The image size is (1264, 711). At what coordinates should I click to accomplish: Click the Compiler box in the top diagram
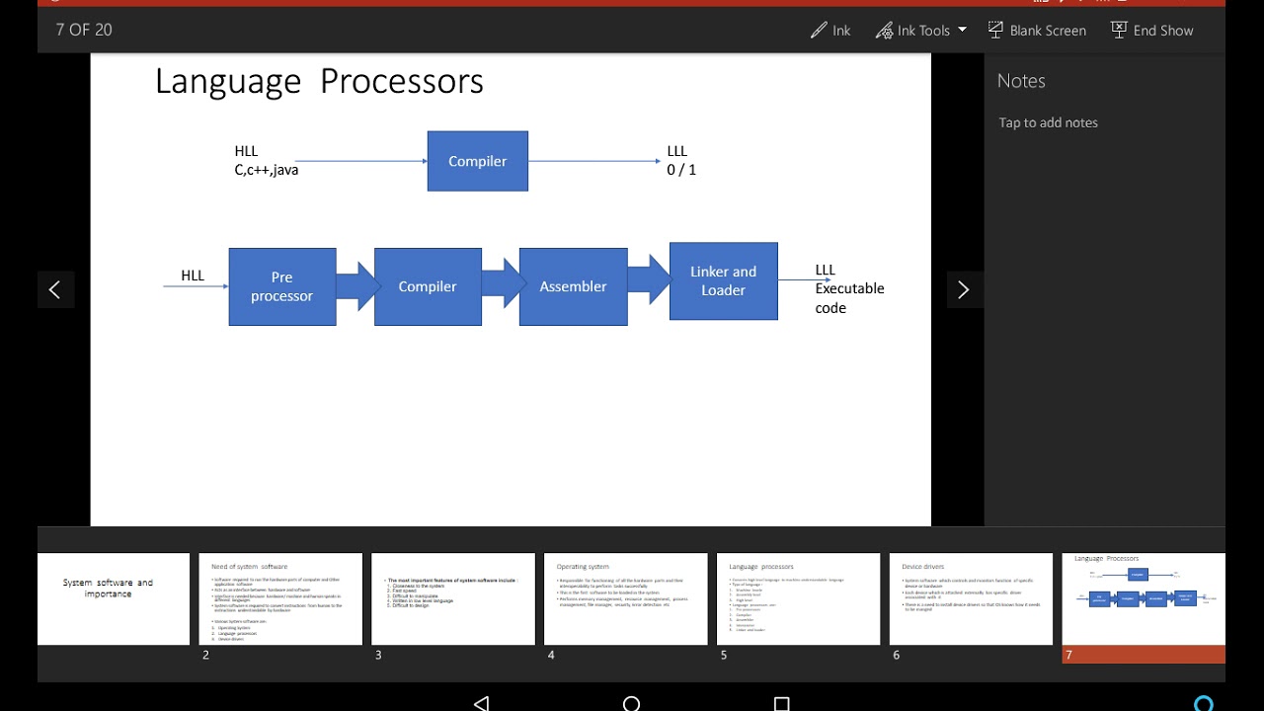click(477, 161)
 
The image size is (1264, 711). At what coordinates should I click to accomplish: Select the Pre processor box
click(282, 286)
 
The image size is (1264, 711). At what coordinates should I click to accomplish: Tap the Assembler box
click(573, 286)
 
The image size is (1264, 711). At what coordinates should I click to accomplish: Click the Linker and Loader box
click(723, 280)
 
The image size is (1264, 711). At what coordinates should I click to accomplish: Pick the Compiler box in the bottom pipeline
click(428, 286)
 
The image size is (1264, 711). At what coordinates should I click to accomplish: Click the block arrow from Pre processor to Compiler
click(356, 285)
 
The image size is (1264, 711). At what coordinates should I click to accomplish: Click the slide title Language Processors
click(319, 81)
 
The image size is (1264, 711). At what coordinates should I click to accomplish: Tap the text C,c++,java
click(267, 170)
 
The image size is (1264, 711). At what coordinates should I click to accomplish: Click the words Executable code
click(848, 297)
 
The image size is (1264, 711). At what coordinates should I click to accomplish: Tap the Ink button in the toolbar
click(830, 31)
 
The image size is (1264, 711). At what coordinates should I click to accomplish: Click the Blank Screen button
click(1037, 31)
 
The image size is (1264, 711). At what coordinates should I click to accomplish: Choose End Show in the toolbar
click(1151, 31)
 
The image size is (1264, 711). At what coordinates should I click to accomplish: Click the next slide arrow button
click(963, 289)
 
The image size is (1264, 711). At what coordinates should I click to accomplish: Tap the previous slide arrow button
click(54, 289)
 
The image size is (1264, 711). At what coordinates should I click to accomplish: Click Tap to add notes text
click(1048, 122)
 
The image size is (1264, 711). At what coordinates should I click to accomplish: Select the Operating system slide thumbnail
click(625, 599)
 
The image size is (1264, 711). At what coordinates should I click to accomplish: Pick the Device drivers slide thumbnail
click(971, 599)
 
